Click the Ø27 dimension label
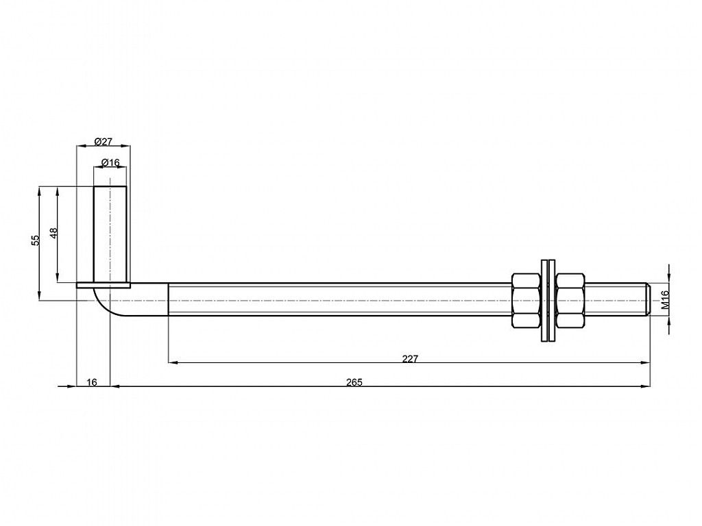coord(102,141)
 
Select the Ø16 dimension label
coord(110,162)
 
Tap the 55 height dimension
coord(35,240)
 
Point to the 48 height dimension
coord(54,234)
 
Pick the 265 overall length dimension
coord(354,382)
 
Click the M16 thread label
coord(664,300)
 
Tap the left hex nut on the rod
coord(526,300)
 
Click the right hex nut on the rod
coord(570,300)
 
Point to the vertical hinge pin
coord(110,233)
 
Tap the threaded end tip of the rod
coord(646,300)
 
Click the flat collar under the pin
coord(103,285)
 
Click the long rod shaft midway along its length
coord(339,299)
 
